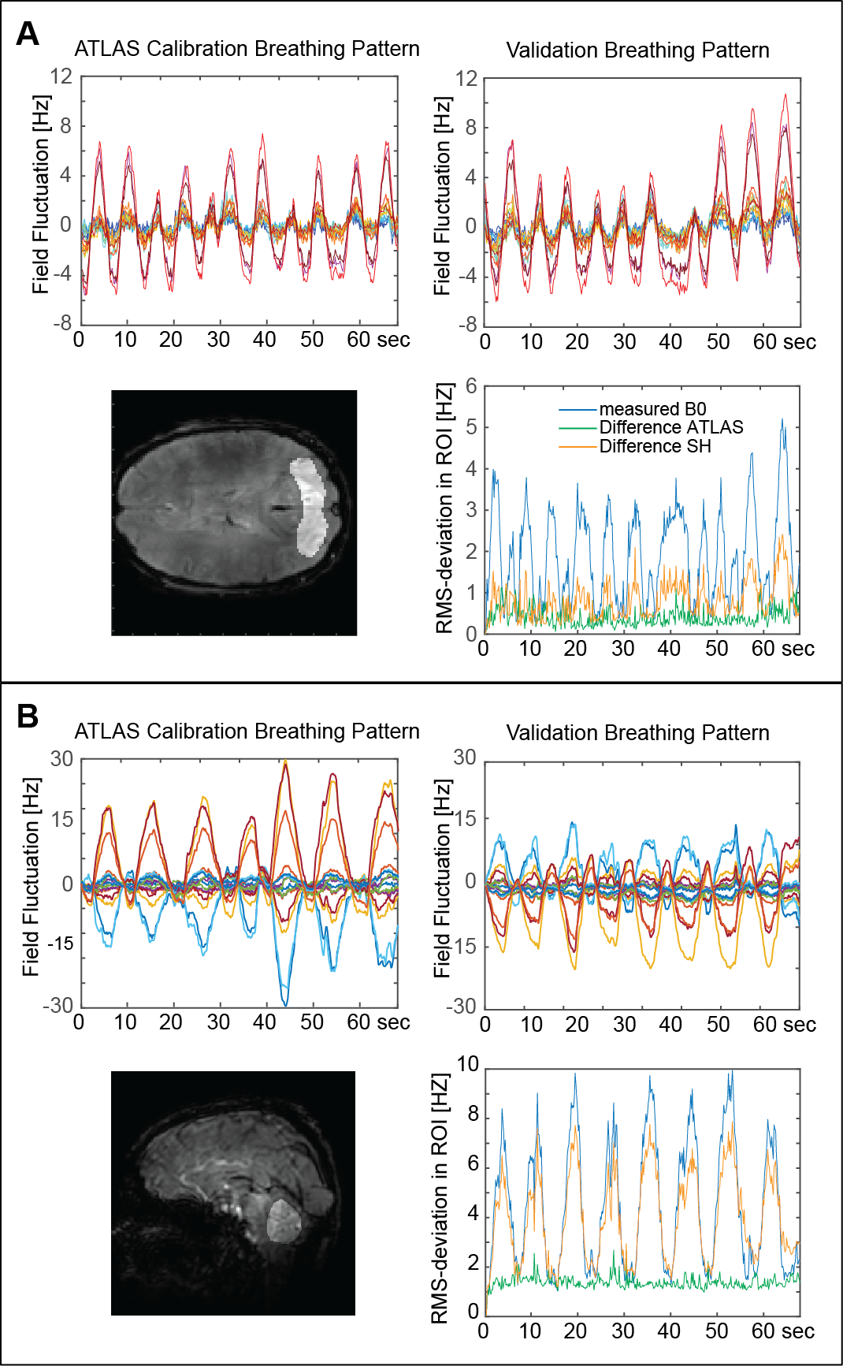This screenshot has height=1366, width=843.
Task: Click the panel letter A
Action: click(x=28, y=34)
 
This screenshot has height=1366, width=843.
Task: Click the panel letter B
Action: click(x=28, y=716)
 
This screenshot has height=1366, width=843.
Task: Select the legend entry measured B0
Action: click(x=652, y=409)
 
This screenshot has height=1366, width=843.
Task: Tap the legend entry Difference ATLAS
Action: click(x=670, y=427)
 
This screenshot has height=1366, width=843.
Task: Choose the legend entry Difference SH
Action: click(x=655, y=446)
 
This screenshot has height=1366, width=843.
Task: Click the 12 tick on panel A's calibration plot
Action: click(x=61, y=76)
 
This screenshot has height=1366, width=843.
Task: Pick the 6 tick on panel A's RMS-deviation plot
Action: click(x=471, y=385)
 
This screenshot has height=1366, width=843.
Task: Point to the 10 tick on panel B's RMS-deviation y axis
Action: click(x=468, y=1064)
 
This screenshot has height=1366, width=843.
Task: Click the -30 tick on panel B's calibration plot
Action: click(x=58, y=1005)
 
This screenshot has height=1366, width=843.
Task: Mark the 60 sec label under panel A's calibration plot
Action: click(x=378, y=340)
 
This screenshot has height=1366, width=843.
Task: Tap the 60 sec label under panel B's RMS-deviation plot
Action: click(x=782, y=1331)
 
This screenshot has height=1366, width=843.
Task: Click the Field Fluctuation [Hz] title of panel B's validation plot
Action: click(x=443, y=879)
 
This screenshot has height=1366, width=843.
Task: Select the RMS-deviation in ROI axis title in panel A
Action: click(x=444, y=508)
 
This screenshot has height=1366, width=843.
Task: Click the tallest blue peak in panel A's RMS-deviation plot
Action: click(x=782, y=419)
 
